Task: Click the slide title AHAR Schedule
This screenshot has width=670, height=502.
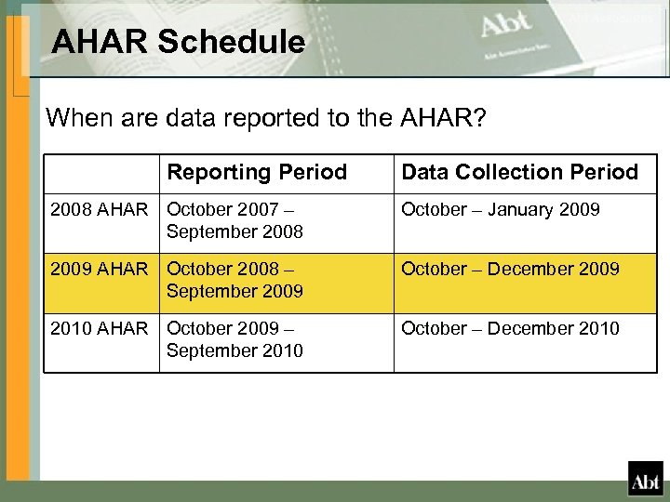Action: click(178, 42)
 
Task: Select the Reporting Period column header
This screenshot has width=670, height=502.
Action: click(257, 172)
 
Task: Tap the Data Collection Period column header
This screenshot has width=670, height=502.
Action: click(519, 172)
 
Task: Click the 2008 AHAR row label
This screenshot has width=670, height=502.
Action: click(99, 209)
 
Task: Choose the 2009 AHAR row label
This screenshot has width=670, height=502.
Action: click(99, 269)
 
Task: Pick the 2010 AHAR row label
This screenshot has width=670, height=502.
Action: click(99, 328)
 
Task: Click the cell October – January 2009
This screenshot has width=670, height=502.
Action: click(500, 209)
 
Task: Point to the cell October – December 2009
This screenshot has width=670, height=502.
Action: click(510, 269)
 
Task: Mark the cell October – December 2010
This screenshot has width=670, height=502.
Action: click(510, 328)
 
